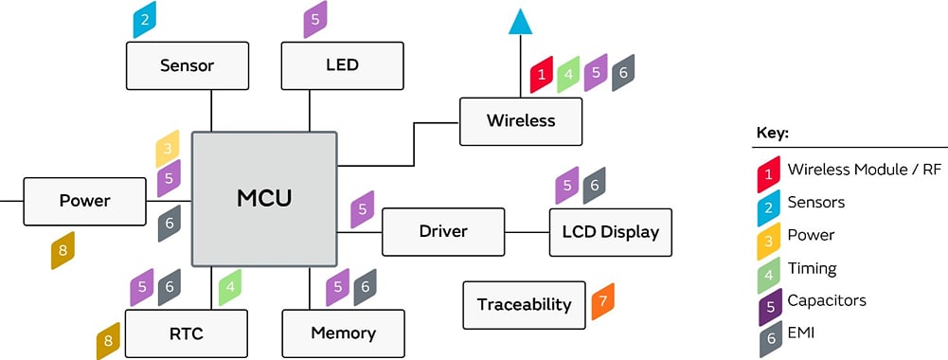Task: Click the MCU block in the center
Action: click(x=264, y=199)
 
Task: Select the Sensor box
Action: click(x=187, y=66)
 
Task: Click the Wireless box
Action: click(x=520, y=121)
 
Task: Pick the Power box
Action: click(x=84, y=201)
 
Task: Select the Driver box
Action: click(x=443, y=232)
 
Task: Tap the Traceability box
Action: click(x=524, y=304)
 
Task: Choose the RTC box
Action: click(x=186, y=333)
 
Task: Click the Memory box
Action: click(x=343, y=333)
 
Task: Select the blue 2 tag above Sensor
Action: click(x=145, y=20)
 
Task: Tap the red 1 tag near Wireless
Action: click(x=541, y=73)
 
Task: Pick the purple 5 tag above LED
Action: click(x=315, y=20)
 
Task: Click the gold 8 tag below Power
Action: click(x=63, y=251)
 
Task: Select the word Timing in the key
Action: click(x=812, y=268)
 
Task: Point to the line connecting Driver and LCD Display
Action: click(x=527, y=232)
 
